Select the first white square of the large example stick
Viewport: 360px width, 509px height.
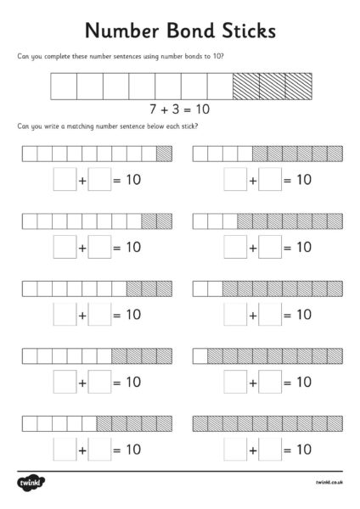click(x=65, y=87)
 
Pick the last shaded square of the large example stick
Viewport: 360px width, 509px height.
click(x=299, y=87)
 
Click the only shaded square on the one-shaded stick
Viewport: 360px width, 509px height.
click(x=164, y=154)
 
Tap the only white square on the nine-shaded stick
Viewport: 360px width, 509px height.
click(x=200, y=355)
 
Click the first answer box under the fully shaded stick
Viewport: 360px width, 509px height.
click(x=235, y=449)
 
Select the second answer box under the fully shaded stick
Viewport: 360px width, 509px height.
click(x=270, y=449)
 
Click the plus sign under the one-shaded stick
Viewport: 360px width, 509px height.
click(x=82, y=180)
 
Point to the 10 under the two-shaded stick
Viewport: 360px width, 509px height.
click(x=132, y=247)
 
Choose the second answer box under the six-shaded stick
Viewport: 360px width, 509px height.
click(x=270, y=247)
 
